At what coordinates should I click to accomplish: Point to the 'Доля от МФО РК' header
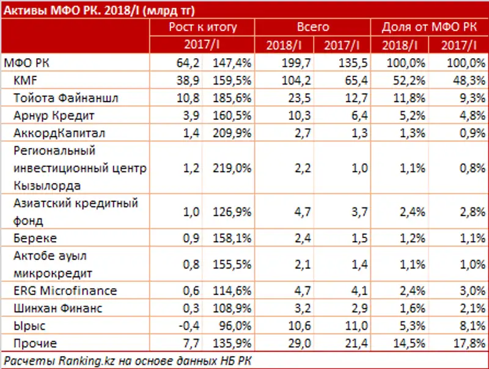428,28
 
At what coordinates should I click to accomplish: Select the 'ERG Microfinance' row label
60,291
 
